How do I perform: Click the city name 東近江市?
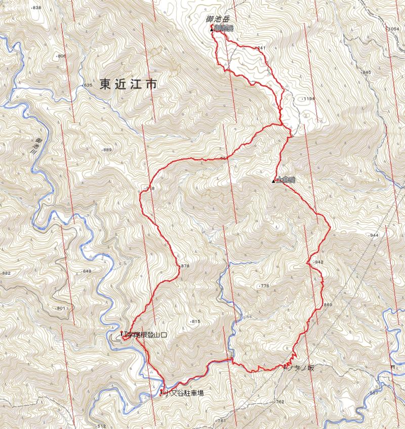[x=128, y=85]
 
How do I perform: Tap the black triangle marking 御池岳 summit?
[x=212, y=30]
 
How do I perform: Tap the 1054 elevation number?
[x=393, y=29]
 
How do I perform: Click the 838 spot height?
[x=36, y=9]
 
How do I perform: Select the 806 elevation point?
[x=61, y=56]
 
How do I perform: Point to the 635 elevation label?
[x=88, y=85]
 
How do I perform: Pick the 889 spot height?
[x=106, y=150]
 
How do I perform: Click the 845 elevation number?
[x=366, y=73]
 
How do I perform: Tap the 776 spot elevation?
[x=264, y=286]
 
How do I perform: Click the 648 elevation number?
[x=87, y=271]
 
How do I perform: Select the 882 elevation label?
[x=6, y=273]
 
